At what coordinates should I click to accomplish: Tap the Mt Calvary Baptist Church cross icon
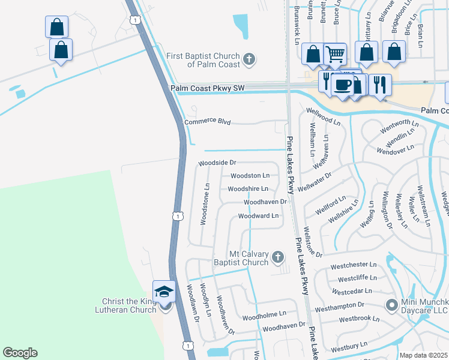click(277, 257)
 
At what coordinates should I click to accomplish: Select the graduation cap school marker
click(164, 292)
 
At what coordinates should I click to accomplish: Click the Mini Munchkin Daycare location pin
click(391, 305)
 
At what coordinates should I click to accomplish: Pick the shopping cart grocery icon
click(336, 55)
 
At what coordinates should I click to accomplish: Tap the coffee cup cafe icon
click(342, 85)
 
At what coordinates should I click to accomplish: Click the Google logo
click(20, 353)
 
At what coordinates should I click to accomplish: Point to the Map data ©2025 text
click(423, 355)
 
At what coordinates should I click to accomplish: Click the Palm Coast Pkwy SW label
click(208, 88)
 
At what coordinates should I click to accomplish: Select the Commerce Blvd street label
click(208, 122)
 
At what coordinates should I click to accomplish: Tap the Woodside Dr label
click(218, 163)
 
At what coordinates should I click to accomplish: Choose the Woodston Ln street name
click(250, 176)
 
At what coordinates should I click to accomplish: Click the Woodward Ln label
click(259, 215)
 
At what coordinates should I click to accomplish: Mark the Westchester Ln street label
click(354, 265)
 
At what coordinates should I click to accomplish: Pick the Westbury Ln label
click(349, 347)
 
